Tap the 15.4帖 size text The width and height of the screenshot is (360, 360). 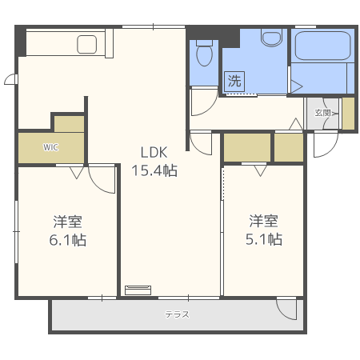[x=154, y=170]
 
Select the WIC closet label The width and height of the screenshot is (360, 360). [x=50, y=147]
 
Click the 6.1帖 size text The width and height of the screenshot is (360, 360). [x=68, y=239]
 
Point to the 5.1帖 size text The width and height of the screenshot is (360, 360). [x=263, y=239]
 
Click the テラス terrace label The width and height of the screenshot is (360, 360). [x=177, y=314]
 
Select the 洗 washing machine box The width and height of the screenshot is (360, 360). [x=234, y=80]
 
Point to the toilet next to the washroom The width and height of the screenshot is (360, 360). [x=205, y=54]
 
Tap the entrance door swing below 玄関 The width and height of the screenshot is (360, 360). [x=325, y=143]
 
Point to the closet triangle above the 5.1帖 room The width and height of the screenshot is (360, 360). [x=259, y=170]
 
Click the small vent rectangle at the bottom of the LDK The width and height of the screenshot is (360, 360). [x=138, y=289]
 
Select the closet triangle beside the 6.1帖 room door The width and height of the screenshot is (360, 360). [x=77, y=170]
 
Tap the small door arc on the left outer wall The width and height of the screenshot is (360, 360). [x=10, y=79]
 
